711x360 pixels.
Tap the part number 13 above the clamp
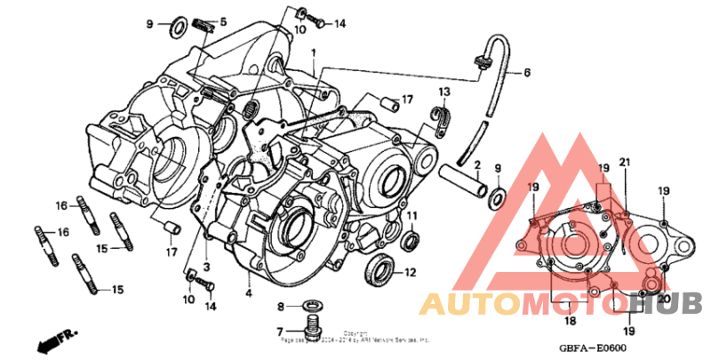(443, 92)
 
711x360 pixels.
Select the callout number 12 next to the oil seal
(411, 272)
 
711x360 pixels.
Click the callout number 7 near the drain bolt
(281, 331)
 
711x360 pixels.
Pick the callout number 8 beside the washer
(281, 307)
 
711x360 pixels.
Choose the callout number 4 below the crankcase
(249, 292)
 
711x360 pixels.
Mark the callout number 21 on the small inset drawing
(625, 161)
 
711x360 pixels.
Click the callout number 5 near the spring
(223, 21)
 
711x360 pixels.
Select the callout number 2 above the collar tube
(476, 164)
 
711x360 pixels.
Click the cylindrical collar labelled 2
(462, 179)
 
